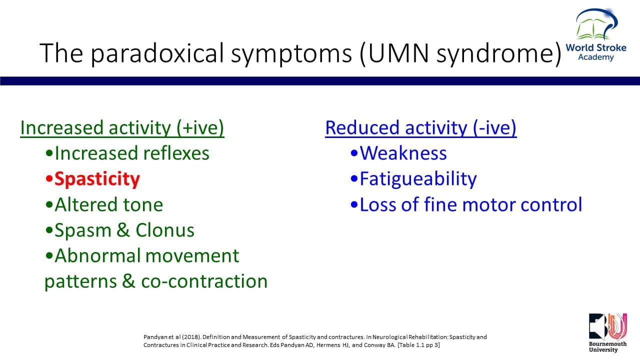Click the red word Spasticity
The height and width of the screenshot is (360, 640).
[97, 179]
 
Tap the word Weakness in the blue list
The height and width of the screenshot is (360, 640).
[403, 153]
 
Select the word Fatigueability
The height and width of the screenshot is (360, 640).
[418, 179]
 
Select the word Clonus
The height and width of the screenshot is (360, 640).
[165, 230]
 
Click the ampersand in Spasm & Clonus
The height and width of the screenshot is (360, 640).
[123, 230]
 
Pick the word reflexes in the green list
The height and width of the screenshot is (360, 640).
[176, 153]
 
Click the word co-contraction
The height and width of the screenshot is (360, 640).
[204, 281]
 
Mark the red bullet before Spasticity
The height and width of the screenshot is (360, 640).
[49, 179]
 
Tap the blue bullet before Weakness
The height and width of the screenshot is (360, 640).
[354, 153]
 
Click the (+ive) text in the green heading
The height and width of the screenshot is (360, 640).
[200, 127]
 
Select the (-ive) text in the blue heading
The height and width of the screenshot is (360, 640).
[494, 127]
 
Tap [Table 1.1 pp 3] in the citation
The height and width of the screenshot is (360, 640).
[418, 345]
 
